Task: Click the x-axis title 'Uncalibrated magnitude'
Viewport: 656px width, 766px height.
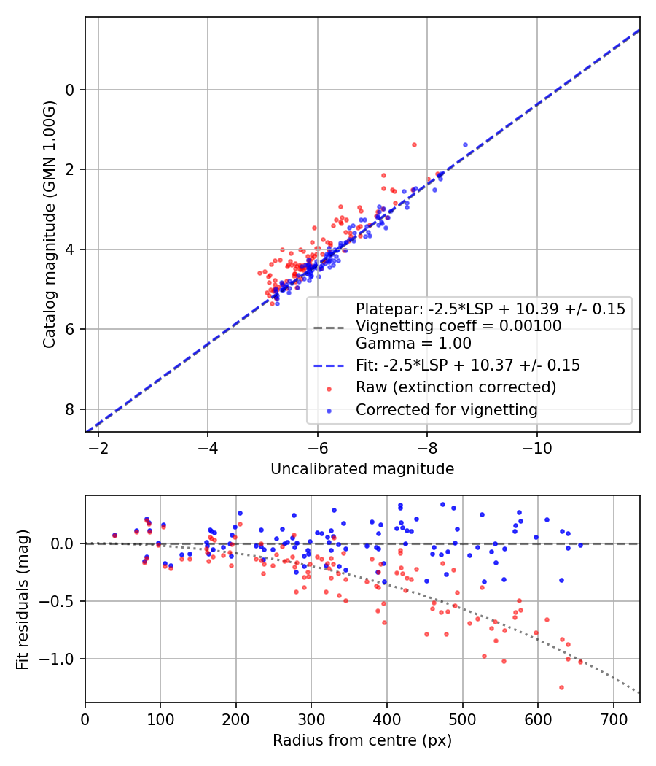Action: click(x=362, y=469)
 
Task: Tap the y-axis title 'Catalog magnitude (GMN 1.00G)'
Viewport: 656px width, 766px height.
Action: click(x=49, y=224)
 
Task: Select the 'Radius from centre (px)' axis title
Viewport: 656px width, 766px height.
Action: click(x=362, y=740)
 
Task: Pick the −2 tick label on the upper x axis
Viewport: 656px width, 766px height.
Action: click(x=98, y=446)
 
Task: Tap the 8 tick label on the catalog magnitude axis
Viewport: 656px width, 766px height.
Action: click(x=71, y=409)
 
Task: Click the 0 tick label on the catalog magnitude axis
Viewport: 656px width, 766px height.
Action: click(x=71, y=90)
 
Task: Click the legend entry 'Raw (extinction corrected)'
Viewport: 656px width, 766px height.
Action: click(x=456, y=387)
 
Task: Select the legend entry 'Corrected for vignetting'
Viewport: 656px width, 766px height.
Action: click(x=446, y=410)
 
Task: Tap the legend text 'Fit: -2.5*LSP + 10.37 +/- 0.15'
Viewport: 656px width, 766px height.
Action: click(x=467, y=365)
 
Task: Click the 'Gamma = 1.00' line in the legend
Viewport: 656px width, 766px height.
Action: click(x=413, y=344)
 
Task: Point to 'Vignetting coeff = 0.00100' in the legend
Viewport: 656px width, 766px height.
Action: click(x=458, y=326)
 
